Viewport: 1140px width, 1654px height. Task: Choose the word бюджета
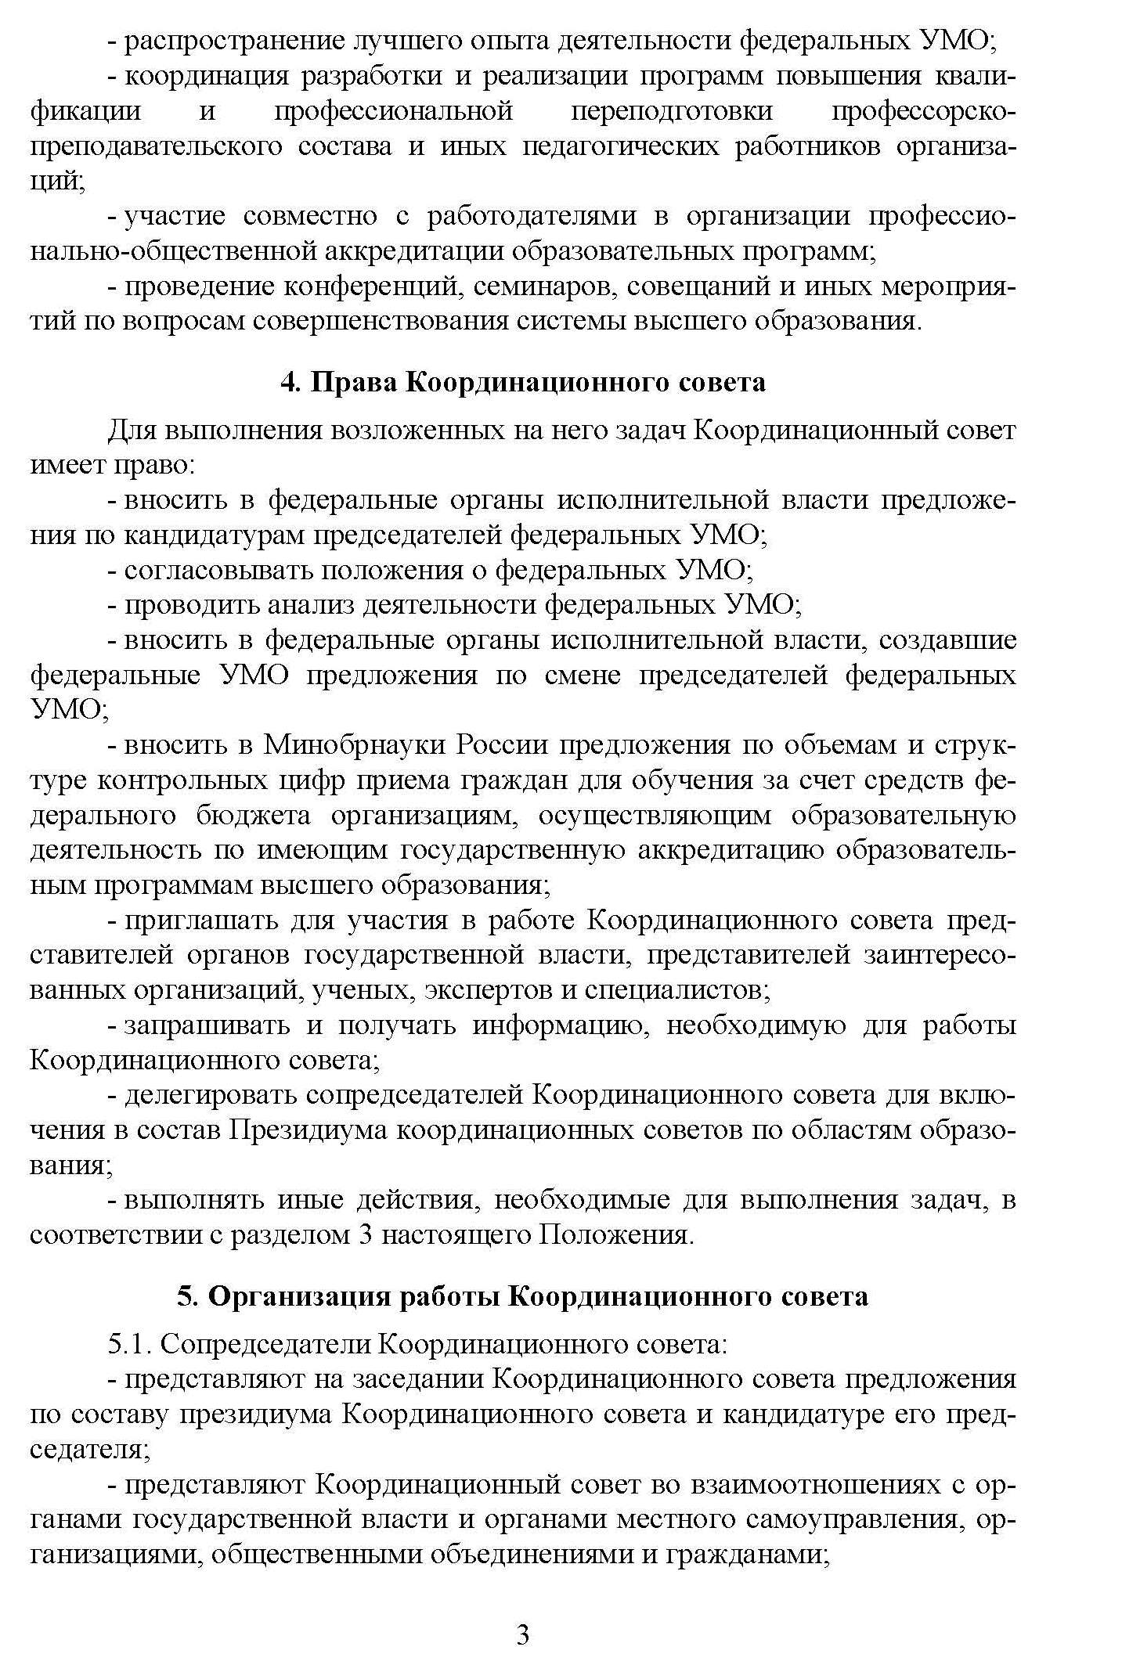(253, 815)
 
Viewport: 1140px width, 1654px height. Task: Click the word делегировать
(211, 1094)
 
